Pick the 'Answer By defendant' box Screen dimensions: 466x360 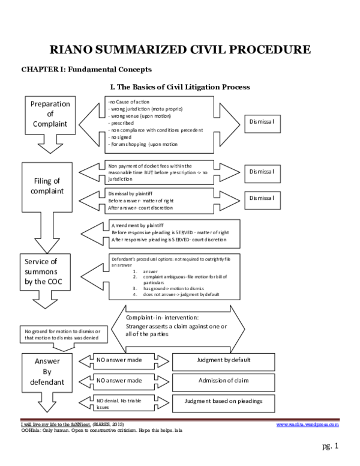pos(47,372)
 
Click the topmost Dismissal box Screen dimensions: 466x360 pos(261,122)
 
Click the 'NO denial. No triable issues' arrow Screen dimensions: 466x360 pos(120,402)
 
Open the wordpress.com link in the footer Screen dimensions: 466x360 pos(307,424)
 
